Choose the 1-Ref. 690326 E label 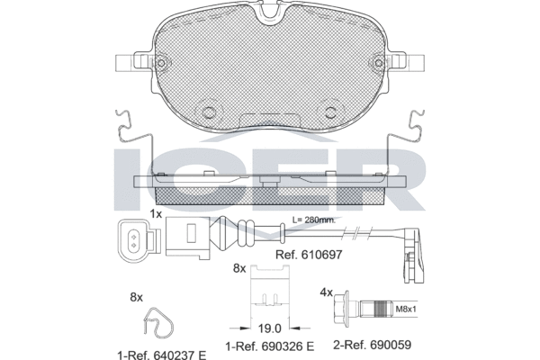tap(270, 345)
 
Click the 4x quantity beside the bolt tap(326, 292)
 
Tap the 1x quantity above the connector tap(156, 213)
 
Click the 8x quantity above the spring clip tap(137, 296)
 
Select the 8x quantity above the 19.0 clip tap(239, 268)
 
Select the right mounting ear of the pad tap(410, 65)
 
